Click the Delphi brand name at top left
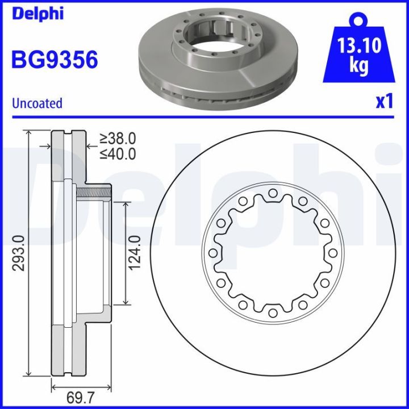[37, 14]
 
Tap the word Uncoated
[37, 103]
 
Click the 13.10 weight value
[358, 45]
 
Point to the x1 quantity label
[385, 102]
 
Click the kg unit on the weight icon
[358, 66]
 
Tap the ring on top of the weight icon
[358, 20]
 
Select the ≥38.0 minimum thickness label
[118, 138]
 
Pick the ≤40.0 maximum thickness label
[118, 153]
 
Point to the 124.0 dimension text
[135, 253]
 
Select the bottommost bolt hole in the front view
[273, 313]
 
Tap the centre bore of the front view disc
[273, 253]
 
